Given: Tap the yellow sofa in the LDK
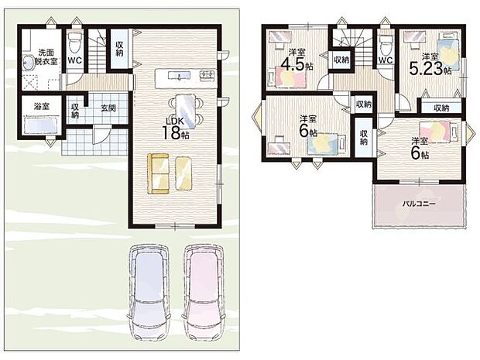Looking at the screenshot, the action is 158,173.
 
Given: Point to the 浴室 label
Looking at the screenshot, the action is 41,107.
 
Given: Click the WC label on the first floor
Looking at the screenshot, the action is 74,60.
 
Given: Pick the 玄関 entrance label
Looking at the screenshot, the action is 108,108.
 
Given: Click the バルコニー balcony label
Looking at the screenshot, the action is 419,204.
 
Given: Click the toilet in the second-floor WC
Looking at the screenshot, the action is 386,44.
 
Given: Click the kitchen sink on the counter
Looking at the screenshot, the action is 179,75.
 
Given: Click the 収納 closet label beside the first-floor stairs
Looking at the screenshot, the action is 119,48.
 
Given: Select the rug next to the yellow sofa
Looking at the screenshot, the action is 183,173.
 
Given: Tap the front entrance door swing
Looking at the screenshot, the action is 101,135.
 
